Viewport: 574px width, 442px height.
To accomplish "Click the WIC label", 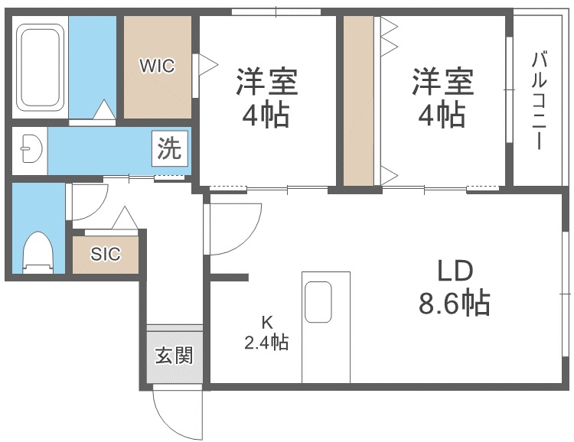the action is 157,67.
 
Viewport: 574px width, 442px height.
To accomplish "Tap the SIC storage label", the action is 106,254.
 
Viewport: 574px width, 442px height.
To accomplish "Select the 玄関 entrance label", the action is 174,356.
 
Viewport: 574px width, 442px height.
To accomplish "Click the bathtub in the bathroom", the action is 41,67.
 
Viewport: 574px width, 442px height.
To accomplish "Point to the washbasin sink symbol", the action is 32,149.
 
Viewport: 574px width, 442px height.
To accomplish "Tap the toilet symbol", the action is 38,253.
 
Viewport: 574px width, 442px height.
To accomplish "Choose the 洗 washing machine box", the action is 169,148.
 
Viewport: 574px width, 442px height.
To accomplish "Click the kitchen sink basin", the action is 318,302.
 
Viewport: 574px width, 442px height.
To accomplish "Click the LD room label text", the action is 456,271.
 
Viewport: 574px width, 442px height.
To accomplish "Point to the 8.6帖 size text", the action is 455,302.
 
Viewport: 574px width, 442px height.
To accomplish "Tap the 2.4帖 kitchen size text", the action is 266,343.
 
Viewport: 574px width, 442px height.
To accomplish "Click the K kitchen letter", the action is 267,323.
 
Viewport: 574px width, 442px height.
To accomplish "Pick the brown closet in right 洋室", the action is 359,101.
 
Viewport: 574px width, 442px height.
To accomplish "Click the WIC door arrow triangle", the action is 208,65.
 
